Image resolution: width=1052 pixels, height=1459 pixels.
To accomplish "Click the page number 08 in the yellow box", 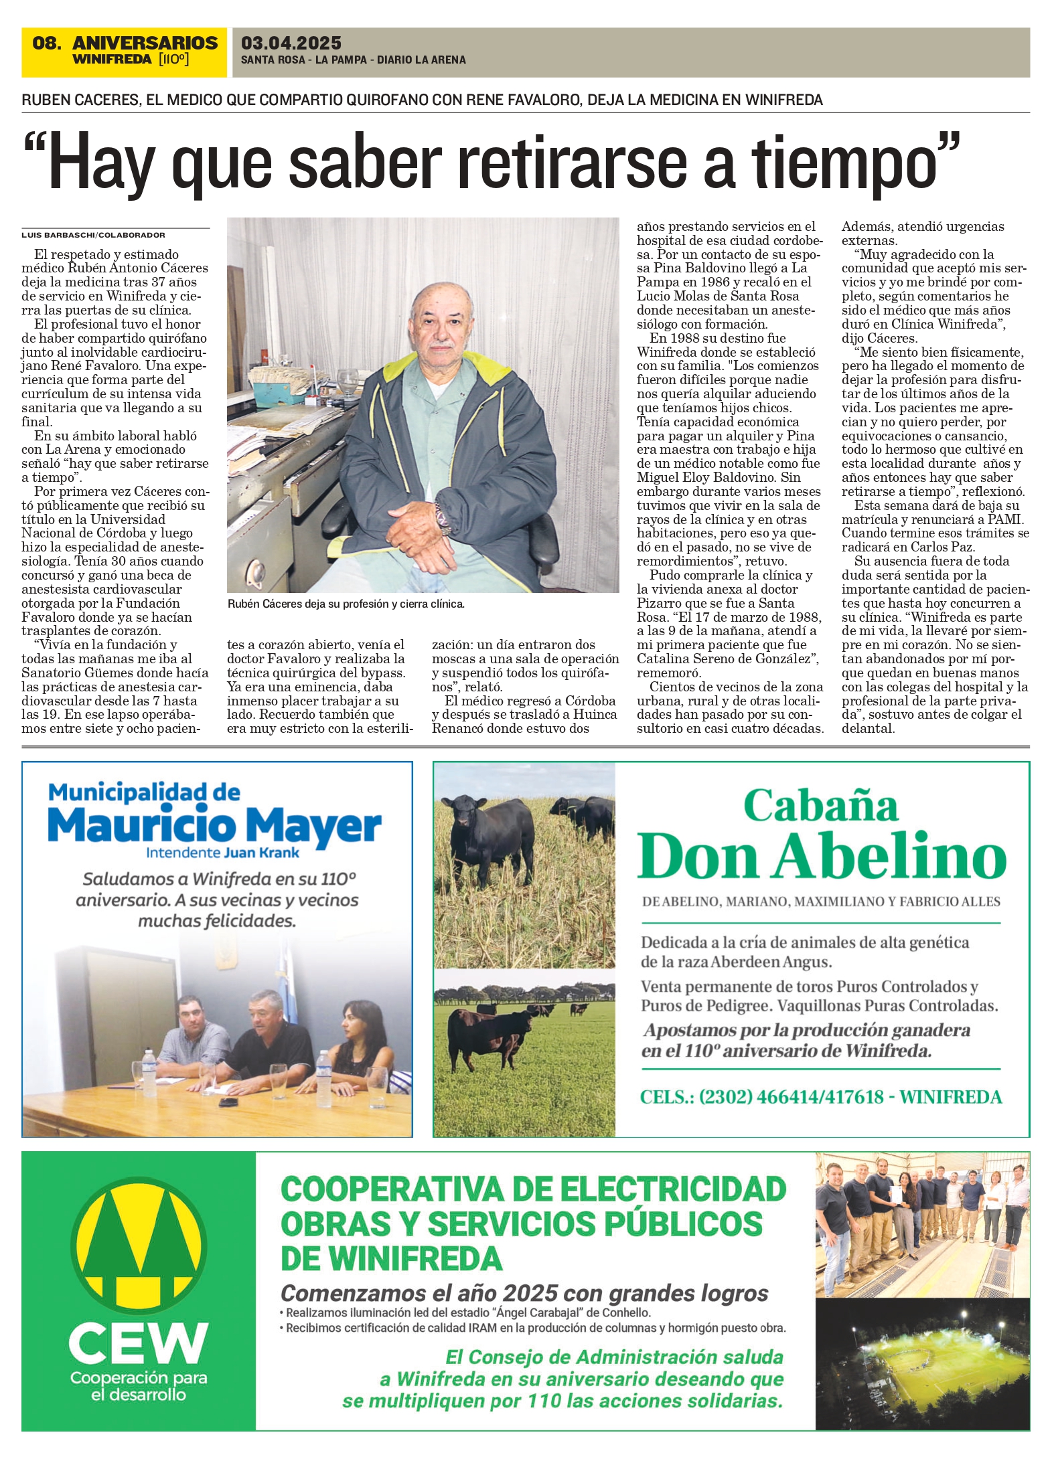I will tap(46, 44).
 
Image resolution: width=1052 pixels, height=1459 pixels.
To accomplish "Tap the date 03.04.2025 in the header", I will tap(291, 44).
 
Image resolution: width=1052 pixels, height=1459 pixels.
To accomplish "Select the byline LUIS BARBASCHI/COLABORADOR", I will tap(93, 236).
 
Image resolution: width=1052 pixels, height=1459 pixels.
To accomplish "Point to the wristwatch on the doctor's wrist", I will tap(443, 518).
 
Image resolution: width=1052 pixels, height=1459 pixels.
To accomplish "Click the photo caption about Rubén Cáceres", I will tap(346, 604).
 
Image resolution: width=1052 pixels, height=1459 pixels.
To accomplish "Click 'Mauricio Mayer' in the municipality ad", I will tap(214, 827).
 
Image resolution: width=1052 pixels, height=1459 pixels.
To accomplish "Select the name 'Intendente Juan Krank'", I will tap(222, 853).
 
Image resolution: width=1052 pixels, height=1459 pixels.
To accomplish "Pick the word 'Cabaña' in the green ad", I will tap(820, 806).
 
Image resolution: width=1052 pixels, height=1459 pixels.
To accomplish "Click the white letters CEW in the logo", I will tap(138, 1343).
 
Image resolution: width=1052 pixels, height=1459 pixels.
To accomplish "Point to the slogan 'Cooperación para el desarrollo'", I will tap(139, 1387).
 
